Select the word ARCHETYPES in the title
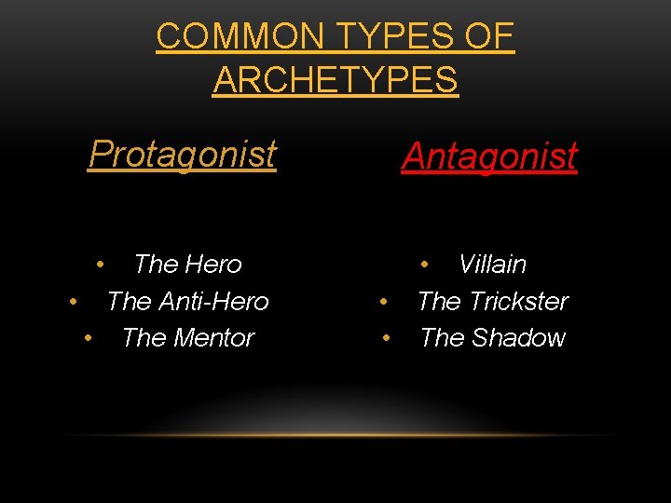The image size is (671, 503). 335,80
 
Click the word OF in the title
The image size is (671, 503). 490,36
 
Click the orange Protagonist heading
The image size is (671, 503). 183,154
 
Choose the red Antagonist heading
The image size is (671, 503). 489,156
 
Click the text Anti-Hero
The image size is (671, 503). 214,302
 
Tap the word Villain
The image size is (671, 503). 493,265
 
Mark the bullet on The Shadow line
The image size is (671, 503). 385,338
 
